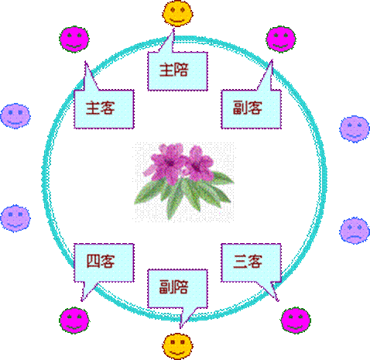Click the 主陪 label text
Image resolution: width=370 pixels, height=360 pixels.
tap(173, 70)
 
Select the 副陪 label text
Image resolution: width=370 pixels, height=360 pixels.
tap(173, 287)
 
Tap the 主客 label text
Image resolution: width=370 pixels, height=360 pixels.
tap(101, 108)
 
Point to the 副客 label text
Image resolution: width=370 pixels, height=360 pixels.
tap(248, 108)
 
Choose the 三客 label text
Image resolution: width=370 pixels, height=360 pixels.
tap(248, 261)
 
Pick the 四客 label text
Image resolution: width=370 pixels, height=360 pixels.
tap(101, 261)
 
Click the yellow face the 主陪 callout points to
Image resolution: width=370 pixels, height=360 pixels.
tap(178, 13)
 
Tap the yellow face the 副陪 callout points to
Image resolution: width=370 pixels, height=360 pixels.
tap(177, 346)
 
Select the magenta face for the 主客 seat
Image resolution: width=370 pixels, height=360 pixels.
tap(74, 39)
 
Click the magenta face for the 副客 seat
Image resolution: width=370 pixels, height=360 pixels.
tap(281, 39)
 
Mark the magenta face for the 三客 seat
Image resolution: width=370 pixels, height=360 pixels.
tap(296, 321)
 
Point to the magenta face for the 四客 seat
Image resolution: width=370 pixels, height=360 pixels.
tap(74, 321)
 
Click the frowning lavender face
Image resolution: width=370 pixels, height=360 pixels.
tap(355, 230)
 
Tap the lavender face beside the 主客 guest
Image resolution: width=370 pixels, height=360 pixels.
tap(15, 115)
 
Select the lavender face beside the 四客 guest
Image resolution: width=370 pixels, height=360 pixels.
tap(15, 218)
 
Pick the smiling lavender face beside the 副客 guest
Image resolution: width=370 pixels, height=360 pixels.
tap(355, 129)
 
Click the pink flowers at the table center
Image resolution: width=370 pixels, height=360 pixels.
tap(180, 163)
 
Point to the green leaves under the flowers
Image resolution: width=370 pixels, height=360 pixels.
tap(183, 195)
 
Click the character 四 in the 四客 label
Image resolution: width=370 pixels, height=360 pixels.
tap(93, 261)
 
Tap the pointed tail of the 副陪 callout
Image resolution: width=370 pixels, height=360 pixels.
tap(181, 327)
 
